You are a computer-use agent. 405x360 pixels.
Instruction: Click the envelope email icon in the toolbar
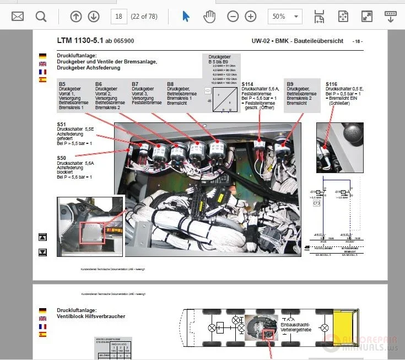pos(18,17)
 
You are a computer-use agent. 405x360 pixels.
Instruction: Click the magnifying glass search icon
pos(41,17)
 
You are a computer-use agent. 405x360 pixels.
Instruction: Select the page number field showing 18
pos(118,17)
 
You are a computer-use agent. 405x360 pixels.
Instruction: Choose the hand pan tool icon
pos(209,17)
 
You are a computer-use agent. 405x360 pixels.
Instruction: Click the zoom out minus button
pos(233,17)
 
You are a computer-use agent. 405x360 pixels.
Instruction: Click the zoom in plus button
pos(251,17)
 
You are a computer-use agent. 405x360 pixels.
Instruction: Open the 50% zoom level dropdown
pos(285,17)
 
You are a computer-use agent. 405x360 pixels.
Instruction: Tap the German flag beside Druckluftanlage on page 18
pos(42,56)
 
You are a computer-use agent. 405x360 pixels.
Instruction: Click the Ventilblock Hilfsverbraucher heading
pos(91,316)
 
